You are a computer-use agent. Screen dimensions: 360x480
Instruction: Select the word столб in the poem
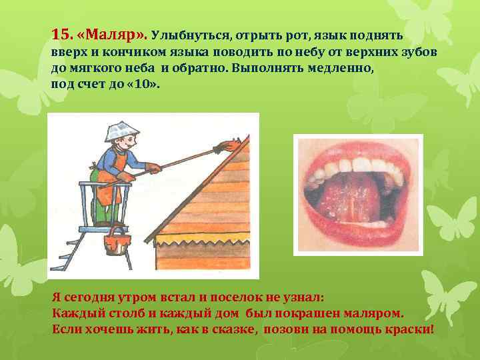pos(117,314)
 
